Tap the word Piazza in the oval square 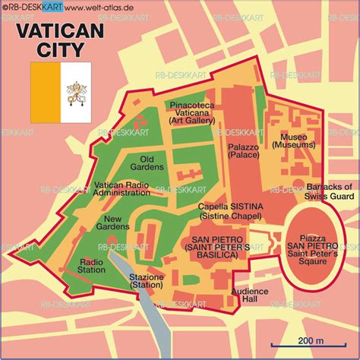click(311, 236)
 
